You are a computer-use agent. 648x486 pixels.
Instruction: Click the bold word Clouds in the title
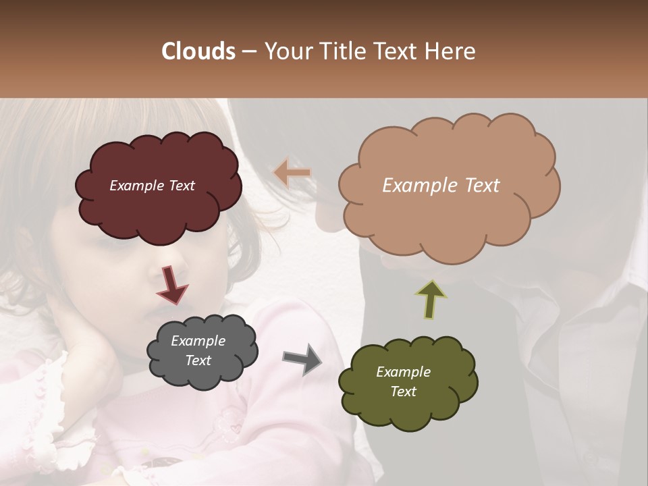coord(198,51)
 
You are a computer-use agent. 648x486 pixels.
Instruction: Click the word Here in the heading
coord(452,51)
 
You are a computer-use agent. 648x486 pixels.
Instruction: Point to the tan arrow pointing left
coord(292,173)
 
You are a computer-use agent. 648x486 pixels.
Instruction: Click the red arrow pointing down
coord(171,283)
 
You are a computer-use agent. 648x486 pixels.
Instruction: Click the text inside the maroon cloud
coord(152,186)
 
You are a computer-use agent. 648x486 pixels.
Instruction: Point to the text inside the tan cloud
coord(441,186)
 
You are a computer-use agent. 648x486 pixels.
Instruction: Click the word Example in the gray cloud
coord(198,341)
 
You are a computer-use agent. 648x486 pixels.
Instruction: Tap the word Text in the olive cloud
coord(403,391)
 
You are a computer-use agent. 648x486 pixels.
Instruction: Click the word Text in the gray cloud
coord(198,360)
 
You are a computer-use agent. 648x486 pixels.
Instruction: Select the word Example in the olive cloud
coord(403,372)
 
